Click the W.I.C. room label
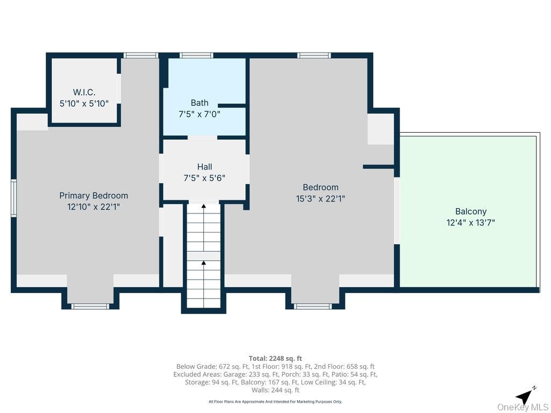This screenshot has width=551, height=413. coord(84,92)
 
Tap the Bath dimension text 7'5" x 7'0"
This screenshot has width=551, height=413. coord(199,114)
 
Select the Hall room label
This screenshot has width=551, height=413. coord(204,167)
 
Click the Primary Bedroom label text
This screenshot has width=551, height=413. coord(94,196)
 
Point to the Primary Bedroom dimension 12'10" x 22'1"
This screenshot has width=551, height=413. coord(94,207)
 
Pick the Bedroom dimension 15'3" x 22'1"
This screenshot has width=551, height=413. coord(321,199)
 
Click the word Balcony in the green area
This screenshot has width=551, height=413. coord(471,211)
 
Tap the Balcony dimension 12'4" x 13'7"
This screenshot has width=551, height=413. coord(471,223)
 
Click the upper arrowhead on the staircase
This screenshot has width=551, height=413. coord(203,206)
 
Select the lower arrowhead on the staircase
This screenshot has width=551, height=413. coord(203,262)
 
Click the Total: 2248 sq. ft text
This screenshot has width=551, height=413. coord(275,359)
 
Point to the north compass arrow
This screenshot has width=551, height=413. coord(525,396)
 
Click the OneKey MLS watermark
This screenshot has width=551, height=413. coord(522,407)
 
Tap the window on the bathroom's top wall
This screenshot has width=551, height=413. coord(196,55)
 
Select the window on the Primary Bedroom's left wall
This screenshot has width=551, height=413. coord(13,198)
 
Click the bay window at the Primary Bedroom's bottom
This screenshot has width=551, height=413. coord(90,307)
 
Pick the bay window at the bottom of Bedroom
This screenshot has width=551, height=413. coord(313,307)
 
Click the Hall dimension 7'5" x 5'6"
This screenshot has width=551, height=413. coord(204,178)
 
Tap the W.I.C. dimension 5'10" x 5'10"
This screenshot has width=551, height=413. coord(84,104)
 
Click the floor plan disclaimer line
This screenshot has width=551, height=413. coord(275,401)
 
